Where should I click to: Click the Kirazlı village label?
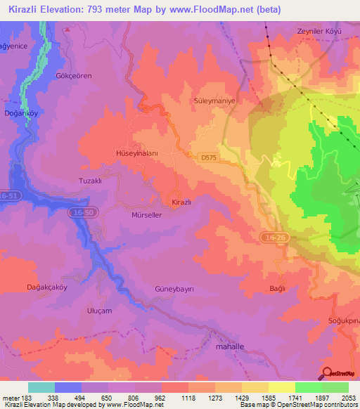[x=182, y=202]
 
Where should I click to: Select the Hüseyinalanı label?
[x=137, y=152]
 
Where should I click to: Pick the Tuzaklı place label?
[x=90, y=181]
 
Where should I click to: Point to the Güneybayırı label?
[x=174, y=290]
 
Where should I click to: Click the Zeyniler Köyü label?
[x=319, y=32]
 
